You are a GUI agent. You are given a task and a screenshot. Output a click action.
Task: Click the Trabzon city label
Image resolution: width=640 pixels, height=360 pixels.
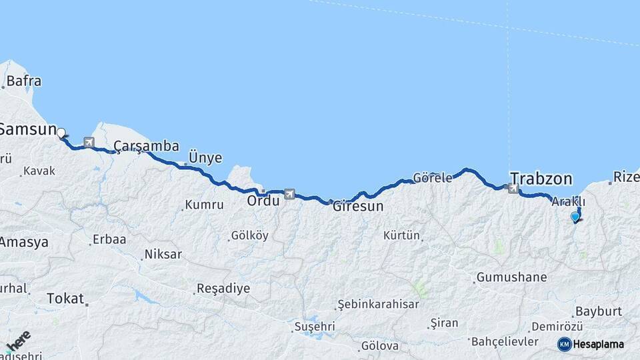[x=541, y=179]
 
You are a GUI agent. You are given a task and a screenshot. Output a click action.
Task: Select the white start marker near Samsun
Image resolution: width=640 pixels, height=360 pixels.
[x=61, y=133]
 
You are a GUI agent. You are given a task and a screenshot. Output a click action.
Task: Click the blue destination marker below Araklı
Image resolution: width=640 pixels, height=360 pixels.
[x=575, y=216]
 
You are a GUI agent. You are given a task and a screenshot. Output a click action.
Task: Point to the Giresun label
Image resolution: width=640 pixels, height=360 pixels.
[x=358, y=207]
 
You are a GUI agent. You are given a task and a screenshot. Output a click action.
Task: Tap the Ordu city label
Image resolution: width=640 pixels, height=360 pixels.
[x=263, y=201]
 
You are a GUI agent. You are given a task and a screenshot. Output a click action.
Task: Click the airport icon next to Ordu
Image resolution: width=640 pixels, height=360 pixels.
[x=289, y=194]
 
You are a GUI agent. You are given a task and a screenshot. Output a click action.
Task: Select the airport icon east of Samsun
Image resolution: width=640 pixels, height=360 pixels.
[x=89, y=142]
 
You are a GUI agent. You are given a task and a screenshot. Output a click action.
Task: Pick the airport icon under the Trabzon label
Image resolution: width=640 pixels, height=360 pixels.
[x=513, y=189]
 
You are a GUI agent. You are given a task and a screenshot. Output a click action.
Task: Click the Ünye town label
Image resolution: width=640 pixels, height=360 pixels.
[x=205, y=157]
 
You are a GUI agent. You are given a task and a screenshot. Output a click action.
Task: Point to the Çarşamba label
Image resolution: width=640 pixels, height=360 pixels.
[x=146, y=146]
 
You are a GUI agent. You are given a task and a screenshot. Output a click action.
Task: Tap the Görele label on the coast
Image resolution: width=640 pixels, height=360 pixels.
[x=432, y=178]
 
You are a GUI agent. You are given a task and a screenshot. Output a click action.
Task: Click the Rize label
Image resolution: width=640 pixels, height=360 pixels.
[x=626, y=177]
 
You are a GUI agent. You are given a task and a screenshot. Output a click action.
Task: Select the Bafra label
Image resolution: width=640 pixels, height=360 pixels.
[x=24, y=81]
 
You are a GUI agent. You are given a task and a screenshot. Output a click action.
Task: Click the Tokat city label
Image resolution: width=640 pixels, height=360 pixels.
[x=65, y=299]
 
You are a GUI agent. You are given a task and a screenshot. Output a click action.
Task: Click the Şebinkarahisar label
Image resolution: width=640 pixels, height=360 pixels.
[x=379, y=304]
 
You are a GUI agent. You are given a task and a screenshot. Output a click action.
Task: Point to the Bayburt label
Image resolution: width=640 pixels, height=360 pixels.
[x=598, y=311]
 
